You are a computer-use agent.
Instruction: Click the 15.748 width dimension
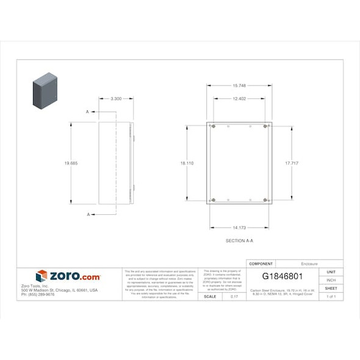[239, 85]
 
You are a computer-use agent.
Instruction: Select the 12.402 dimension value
[239, 98]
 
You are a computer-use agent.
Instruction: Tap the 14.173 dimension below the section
[239, 228]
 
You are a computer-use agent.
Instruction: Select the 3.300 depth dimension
[115, 98]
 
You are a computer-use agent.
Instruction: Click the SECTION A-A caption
[239, 241]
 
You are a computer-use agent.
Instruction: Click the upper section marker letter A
[88, 112]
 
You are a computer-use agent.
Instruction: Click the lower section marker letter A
[88, 214]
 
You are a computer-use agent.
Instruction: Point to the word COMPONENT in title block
[261, 264]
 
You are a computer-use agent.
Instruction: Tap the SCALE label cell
[209, 296]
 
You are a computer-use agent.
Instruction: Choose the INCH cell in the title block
[331, 280]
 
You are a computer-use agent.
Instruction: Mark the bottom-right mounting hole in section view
[265, 200]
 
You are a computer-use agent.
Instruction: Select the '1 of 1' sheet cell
[331, 296]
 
